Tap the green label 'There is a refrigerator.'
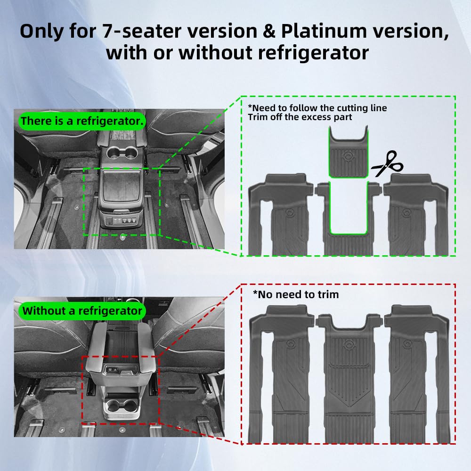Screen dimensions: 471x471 [82, 121]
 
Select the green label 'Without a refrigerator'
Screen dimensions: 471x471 [82, 311]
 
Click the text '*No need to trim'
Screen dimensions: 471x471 [296, 294]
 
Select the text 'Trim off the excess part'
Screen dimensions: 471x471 [300, 117]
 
